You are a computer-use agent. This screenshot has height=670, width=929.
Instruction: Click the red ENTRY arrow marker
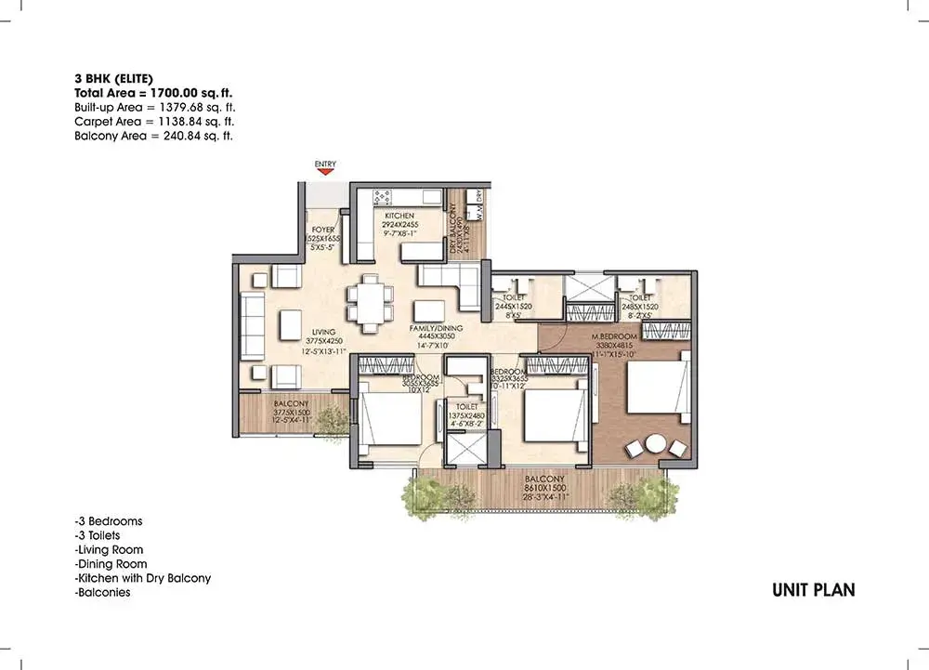325,173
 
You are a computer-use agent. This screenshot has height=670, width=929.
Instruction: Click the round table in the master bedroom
656,444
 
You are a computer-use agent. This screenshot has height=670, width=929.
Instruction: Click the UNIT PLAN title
813,590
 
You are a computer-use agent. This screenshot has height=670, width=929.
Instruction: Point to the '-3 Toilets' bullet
97,535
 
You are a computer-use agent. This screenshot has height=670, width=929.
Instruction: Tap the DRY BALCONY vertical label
455,232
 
